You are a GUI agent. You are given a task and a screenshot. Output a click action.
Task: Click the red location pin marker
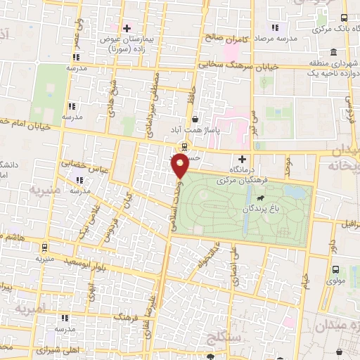[180, 166]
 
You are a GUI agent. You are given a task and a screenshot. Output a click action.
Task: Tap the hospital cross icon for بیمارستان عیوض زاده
[127, 28]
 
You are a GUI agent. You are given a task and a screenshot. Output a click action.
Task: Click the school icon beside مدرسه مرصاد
[275, 27]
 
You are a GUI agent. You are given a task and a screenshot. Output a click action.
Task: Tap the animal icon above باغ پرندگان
[262, 198]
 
